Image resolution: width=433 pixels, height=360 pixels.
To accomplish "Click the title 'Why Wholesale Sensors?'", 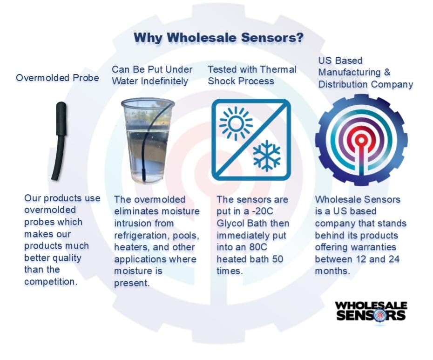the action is click(x=218, y=38).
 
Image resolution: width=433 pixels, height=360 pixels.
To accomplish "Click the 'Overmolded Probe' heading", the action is click(x=57, y=78).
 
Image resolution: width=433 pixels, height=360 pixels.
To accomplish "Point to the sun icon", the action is click(x=236, y=123).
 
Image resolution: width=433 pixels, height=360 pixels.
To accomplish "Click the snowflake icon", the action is click(x=266, y=156).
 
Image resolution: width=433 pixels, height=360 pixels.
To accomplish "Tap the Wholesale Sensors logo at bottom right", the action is click(x=371, y=312).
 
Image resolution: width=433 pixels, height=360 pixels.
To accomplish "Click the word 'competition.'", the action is click(x=51, y=282).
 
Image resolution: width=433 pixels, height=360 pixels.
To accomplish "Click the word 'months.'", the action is click(x=332, y=271).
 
